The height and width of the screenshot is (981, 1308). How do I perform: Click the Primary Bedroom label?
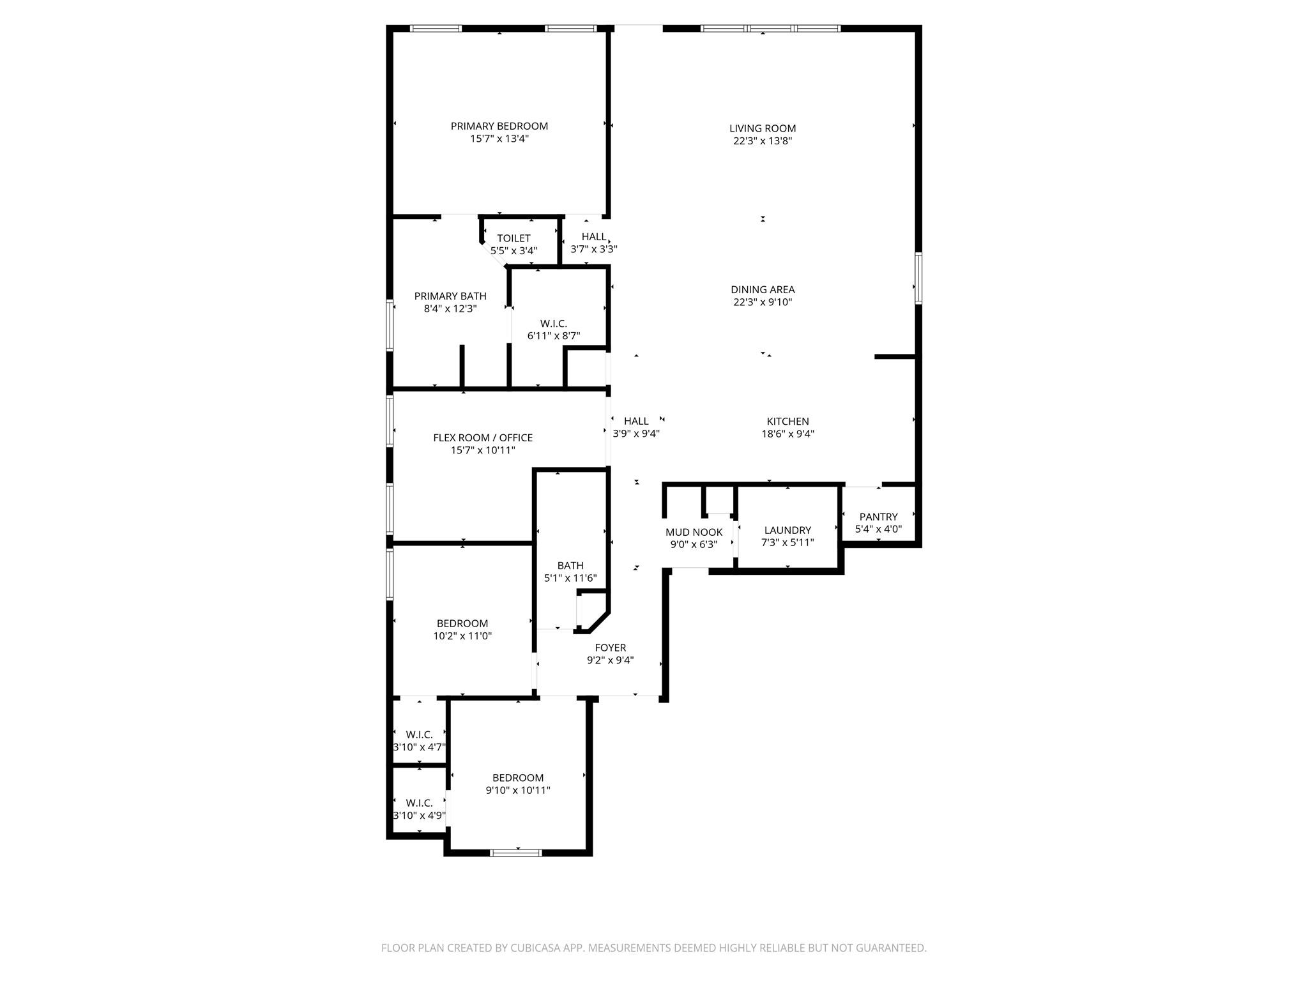point(499,126)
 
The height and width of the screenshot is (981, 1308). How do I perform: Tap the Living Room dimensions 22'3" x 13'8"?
point(763,141)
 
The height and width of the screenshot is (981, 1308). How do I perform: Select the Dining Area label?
point(763,289)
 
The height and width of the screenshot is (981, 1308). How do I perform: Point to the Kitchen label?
point(787,422)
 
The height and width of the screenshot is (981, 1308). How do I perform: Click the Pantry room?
point(878,522)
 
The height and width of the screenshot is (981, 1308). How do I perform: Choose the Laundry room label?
point(787,530)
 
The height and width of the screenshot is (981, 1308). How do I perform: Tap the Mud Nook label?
point(694,532)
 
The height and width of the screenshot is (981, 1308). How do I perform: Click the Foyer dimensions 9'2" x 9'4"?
point(610,660)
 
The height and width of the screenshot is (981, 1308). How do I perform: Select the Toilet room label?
point(513,238)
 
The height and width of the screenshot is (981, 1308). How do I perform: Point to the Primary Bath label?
point(450,296)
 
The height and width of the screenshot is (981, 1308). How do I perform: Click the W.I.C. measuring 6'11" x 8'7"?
point(553,330)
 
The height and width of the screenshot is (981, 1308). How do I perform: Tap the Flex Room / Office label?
point(483,437)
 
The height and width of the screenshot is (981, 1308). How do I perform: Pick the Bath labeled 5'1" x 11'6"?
point(570,572)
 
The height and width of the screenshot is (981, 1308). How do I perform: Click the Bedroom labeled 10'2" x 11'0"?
point(462,629)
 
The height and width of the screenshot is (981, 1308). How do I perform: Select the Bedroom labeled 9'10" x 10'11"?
point(518,784)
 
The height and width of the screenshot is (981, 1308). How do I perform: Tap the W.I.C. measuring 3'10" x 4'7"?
point(419,740)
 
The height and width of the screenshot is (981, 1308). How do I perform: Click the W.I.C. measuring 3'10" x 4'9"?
point(419,809)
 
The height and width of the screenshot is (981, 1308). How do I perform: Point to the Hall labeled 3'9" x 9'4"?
point(636,427)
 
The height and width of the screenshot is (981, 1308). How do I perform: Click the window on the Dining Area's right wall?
point(918,278)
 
